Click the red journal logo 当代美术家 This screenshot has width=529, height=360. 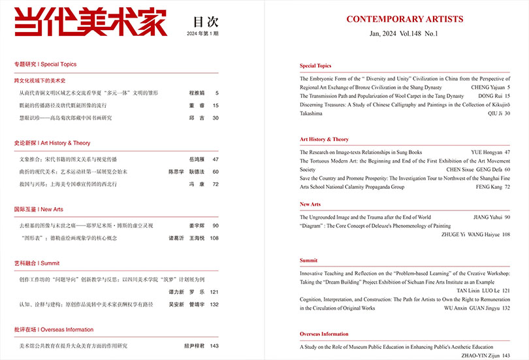90,22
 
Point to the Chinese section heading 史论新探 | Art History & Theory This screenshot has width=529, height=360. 52,142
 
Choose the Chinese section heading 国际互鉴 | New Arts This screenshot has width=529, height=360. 39,209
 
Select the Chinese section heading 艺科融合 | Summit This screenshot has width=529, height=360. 37,263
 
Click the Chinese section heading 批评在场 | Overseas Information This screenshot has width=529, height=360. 54,329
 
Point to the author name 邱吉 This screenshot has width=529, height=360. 178,118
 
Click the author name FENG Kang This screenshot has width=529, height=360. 487,187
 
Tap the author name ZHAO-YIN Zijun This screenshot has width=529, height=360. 481,355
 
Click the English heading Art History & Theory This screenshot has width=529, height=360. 324,139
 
